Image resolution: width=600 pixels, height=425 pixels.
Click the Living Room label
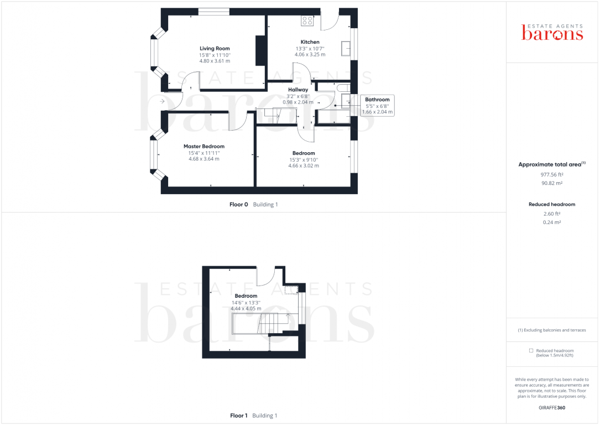pyautogui.click(x=215, y=49)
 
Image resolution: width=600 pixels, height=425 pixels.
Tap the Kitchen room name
pyautogui.click(x=310, y=42)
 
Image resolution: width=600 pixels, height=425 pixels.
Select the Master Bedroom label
pyautogui.click(x=204, y=147)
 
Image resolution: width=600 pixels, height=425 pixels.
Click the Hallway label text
pyautogui.click(x=298, y=90)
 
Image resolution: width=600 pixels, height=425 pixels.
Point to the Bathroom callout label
pyautogui.click(x=377, y=100)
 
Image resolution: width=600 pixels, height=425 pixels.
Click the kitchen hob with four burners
pyautogui.click(x=308, y=21)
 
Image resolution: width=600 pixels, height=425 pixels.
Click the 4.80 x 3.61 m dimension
pyautogui.click(x=215, y=61)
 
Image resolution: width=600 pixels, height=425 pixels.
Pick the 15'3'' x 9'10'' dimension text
pyautogui.click(x=304, y=160)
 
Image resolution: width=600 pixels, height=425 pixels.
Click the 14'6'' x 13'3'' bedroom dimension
pyautogui.click(x=246, y=303)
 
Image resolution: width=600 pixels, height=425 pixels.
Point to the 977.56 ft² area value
pyautogui.click(x=552, y=174)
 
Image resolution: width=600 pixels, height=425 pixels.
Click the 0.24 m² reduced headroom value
pyautogui.click(x=552, y=222)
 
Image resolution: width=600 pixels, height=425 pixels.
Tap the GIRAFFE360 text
pyautogui.click(x=552, y=408)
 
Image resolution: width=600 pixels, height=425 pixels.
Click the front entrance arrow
pyautogui.click(x=162, y=102)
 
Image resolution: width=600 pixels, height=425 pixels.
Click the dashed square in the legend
pyautogui.click(x=531, y=351)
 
